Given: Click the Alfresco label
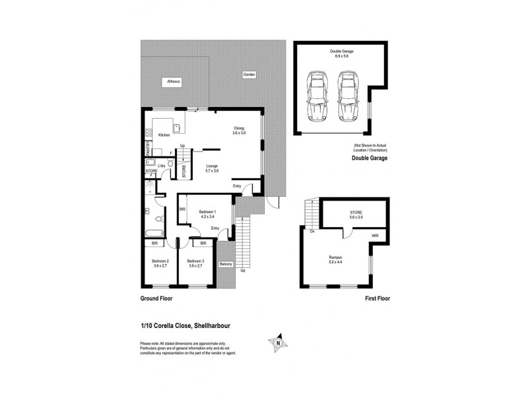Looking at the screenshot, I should pyautogui.click(x=174, y=81).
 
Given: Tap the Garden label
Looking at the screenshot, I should pyautogui.click(x=248, y=75).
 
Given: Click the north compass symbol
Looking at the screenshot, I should pyautogui.click(x=280, y=342).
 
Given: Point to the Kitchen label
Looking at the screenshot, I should pyautogui.click(x=164, y=135).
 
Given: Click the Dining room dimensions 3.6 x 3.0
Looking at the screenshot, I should pyautogui.click(x=238, y=133).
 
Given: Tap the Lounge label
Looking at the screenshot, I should pyautogui.click(x=212, y=166).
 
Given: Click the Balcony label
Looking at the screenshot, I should pyautogui.click(x=226, y=265).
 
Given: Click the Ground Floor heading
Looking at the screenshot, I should pyautogui.click(x=157, y=298).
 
